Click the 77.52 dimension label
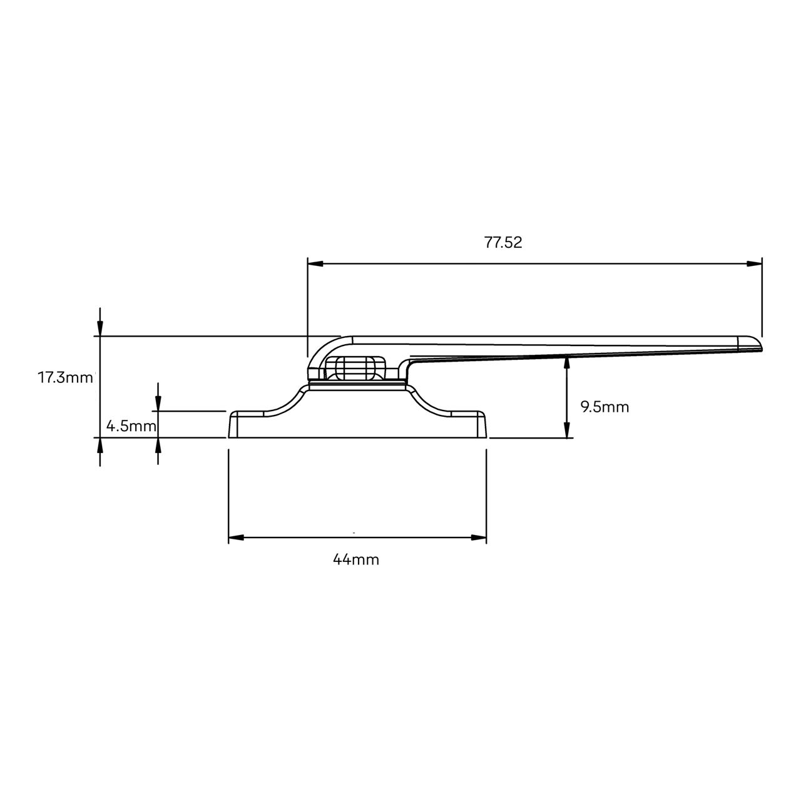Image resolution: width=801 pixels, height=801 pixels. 503,243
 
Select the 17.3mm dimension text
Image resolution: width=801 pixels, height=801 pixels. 65,377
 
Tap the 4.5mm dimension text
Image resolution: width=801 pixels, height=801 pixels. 131,427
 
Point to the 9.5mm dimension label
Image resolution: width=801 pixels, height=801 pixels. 605,407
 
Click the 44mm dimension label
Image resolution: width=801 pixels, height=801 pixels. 356,559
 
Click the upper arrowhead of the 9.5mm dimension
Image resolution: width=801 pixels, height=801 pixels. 567,363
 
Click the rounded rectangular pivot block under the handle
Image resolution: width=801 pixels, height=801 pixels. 355,367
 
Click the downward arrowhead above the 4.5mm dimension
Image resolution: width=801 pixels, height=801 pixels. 158,404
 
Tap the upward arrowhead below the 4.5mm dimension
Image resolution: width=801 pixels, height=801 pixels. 158,445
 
